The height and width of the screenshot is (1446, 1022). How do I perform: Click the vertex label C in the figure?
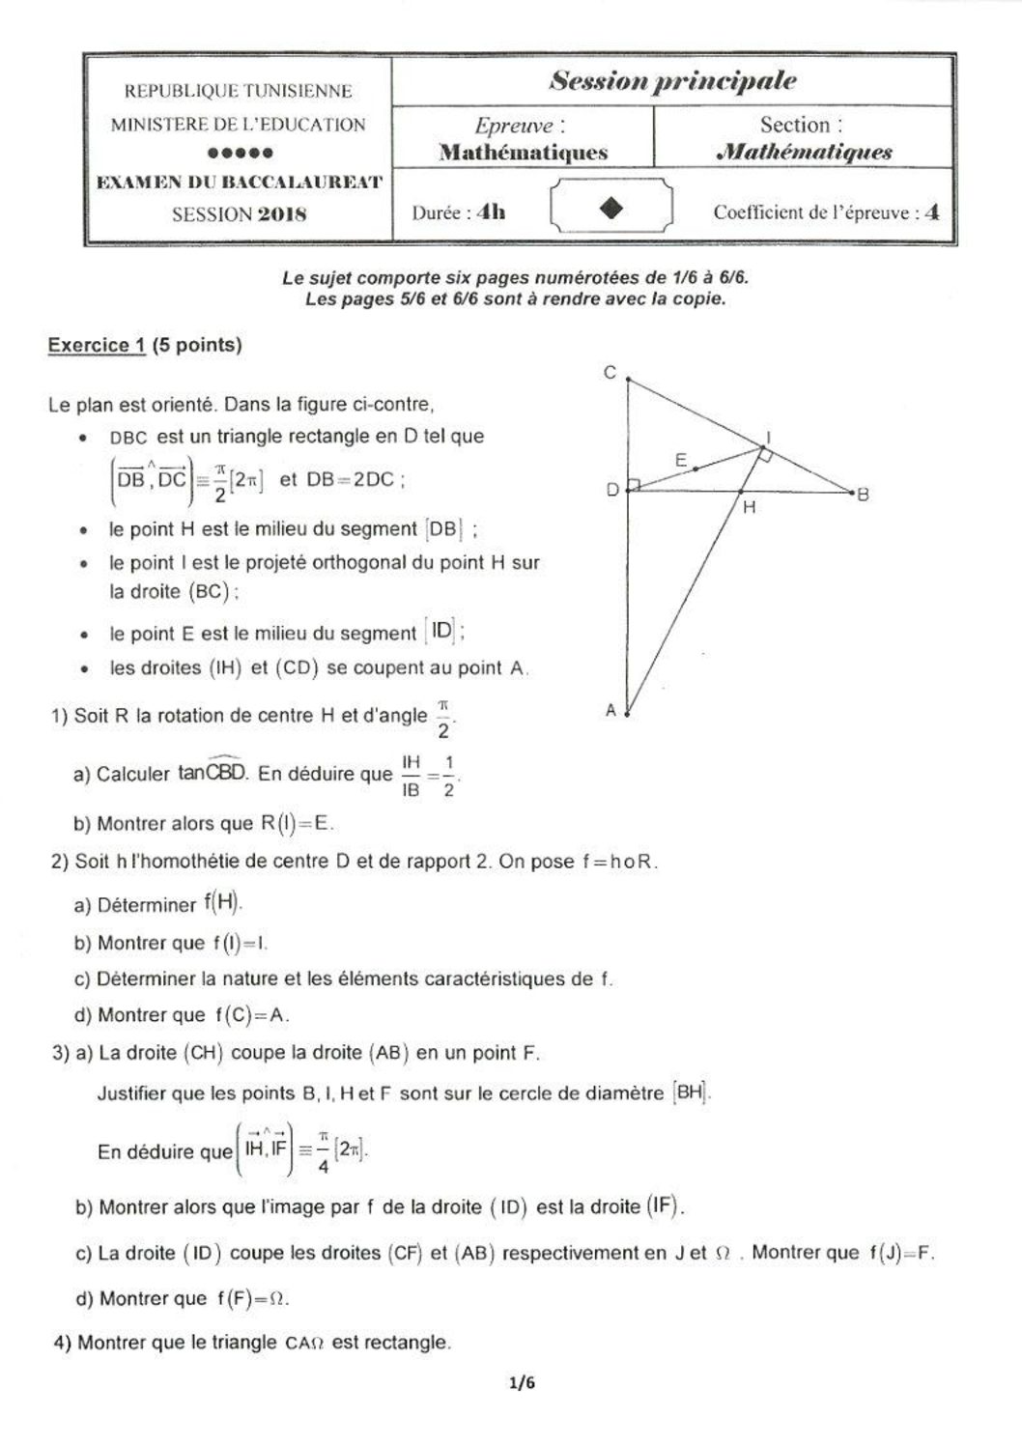[x=610, y=372]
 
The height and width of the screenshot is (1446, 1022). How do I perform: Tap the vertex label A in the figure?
[x=610, y=710]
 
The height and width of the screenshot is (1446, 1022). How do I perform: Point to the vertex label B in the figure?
[x=863, y=494]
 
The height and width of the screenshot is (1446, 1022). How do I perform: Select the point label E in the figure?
[x=681, y=461]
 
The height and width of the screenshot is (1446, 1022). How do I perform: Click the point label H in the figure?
[x=750, y=506]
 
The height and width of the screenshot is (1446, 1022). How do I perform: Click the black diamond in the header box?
[x=610, y=209]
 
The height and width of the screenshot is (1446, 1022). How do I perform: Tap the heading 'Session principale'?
[x=672, y=81]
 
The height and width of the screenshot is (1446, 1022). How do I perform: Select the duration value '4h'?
[x=492, y=212]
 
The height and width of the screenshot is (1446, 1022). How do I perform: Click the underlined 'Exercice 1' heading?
[x=97, y=345]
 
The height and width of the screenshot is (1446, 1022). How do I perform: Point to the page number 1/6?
[x=522, y=1382]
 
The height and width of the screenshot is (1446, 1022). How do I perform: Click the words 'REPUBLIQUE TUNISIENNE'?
[x=238, y=91]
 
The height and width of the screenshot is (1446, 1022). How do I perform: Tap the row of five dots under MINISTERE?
[x=240, y=153]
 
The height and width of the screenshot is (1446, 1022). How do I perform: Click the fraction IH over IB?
[x=411, y=776]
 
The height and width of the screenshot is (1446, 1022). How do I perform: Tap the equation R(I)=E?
[x=298, y=824]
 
